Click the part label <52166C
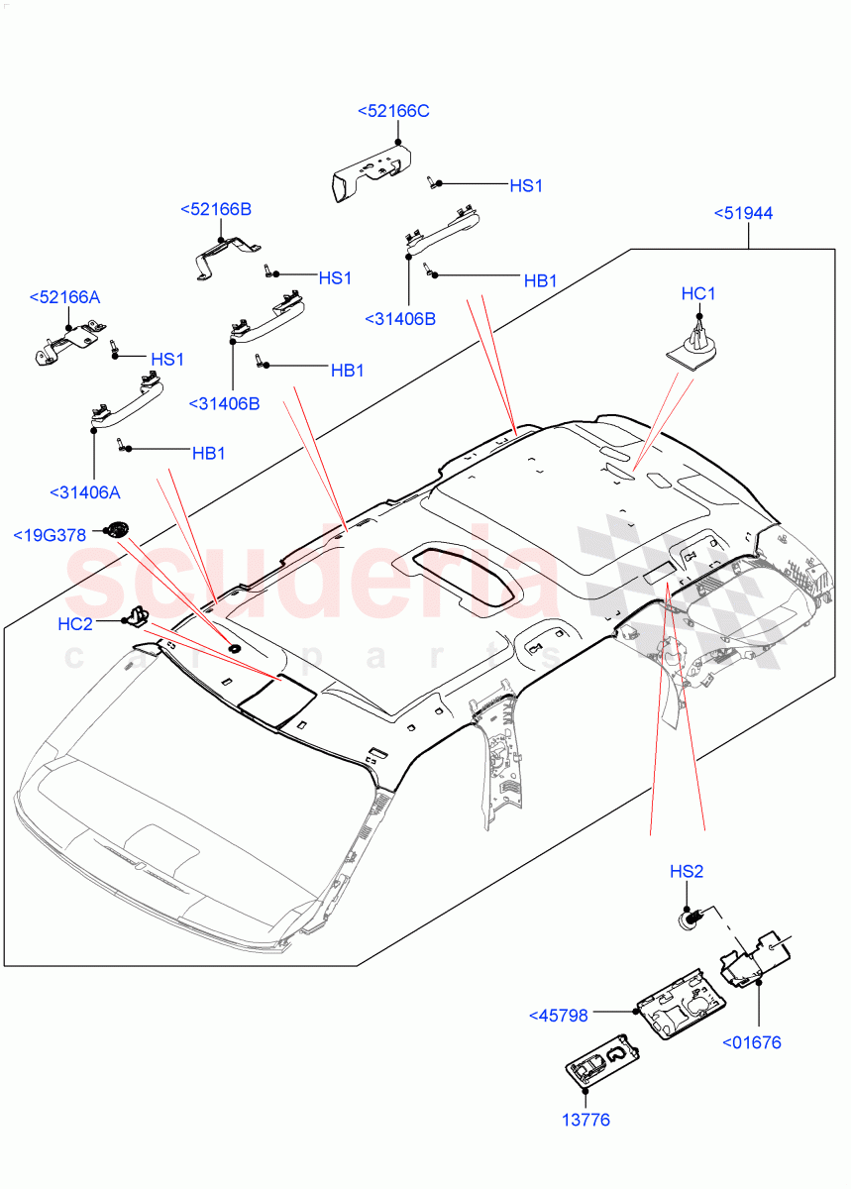click(x=393, y=111)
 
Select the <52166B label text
click(x=216, y=209)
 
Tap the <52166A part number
click(x=64, y=297)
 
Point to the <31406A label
click(x=85, y=491)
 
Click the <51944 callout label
click(x=743, y=213)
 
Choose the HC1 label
click(x=698, y=293)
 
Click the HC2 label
click(x=75, y=623)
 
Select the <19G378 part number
click(x=50, y=535)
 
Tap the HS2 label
click(x=687, y=872)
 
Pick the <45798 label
click(x=559, y=1015)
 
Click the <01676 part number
click(x=751, y=1041)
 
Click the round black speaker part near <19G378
click(x=121, y=529)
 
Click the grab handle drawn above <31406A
click(x=126, y=401)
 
